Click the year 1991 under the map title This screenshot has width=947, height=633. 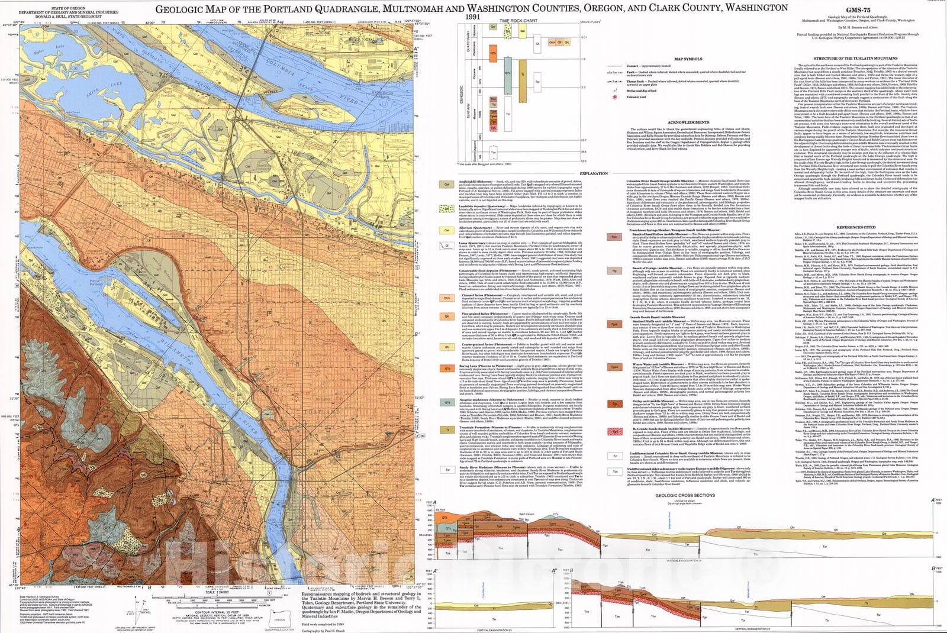[472, 17]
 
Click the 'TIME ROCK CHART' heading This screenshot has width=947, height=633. [518, 21]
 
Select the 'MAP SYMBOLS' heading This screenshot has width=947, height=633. [688, 59]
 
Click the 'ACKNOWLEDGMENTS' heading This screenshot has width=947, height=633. [688, 122]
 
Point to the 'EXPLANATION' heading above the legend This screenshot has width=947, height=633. [594, 173]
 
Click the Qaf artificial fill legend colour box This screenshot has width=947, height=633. [447, 185]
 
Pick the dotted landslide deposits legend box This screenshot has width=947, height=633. [447, 209]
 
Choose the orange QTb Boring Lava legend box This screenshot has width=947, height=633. [447, 369]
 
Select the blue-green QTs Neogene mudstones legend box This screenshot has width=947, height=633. [447, 402]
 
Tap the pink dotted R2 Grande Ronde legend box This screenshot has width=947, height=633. [615, 432]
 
